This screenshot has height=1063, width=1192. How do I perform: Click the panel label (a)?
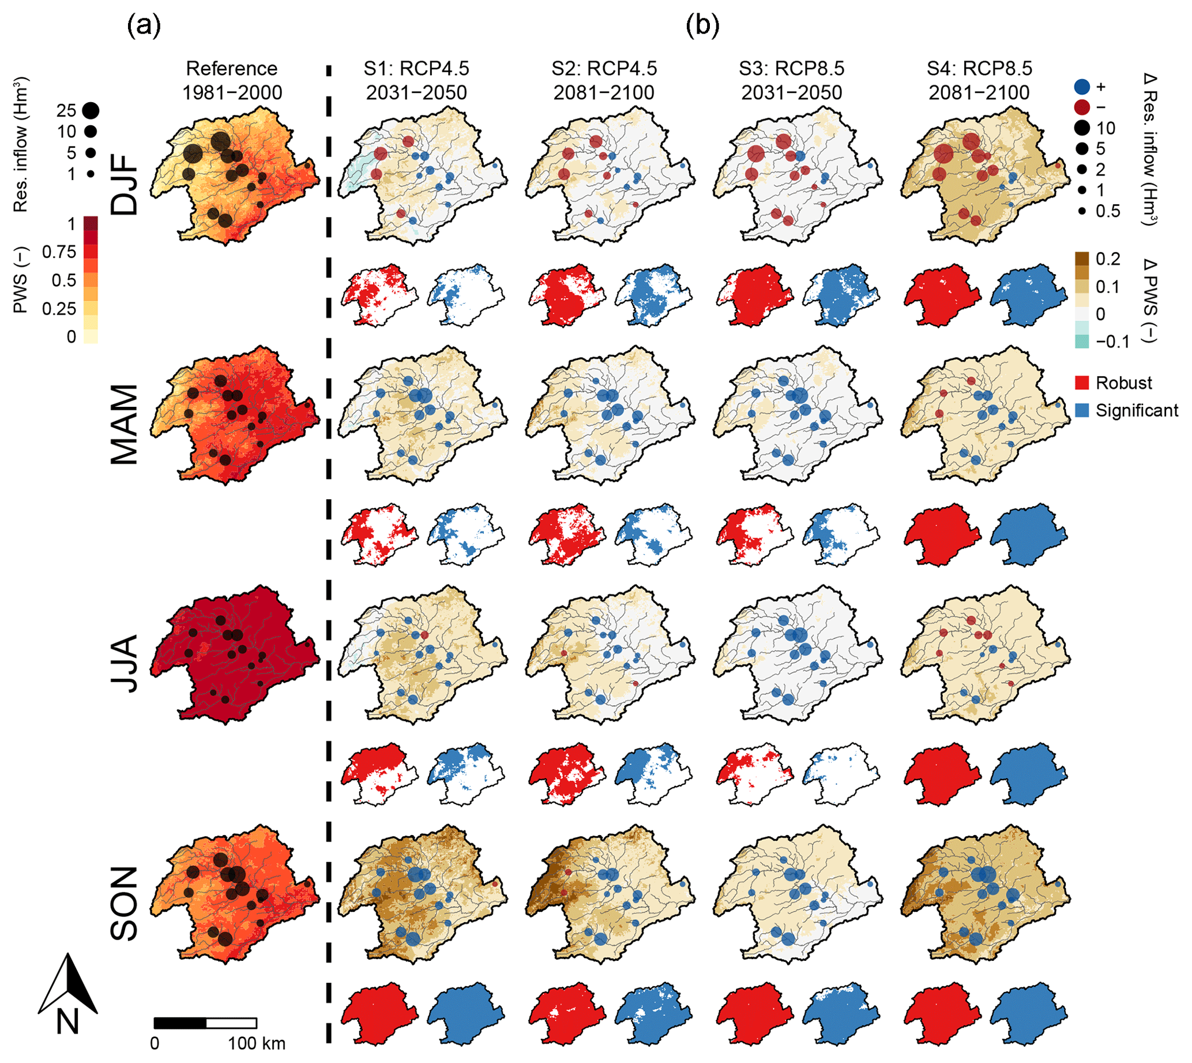(x=144, y=27)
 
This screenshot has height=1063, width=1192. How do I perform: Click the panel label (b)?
(x=703, y=27)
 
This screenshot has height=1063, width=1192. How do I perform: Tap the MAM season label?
(x=125, y=424)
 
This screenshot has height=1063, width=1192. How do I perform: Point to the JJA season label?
(x=125, y=664)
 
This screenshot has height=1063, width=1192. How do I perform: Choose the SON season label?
(x=125, y=903)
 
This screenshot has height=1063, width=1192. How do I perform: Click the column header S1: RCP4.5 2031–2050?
(x=416, y=81)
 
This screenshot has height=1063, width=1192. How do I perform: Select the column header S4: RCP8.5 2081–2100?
(x=979, y=81)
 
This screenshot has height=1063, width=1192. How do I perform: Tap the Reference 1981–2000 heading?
(x=232, y=81)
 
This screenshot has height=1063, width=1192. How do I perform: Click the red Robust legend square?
(x=1082, y=383)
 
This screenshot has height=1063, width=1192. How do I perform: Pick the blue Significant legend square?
(x=1082, y=410)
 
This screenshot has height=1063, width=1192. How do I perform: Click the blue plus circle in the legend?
(x=1082, y=87)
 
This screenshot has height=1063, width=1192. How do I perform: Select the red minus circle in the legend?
(x=1082, y=107)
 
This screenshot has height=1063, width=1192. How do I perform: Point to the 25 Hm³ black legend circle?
(x=91, y=110)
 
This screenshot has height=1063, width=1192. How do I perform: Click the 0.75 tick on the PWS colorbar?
(x=59, y=252)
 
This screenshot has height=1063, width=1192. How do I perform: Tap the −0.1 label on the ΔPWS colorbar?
(x=1112, y=342)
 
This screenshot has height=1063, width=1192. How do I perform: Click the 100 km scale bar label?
(x=257, y=1043)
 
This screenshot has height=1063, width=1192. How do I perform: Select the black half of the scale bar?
(x=180, y=1023)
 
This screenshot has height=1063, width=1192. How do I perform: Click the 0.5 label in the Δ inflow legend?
(x=1108, y=211)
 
